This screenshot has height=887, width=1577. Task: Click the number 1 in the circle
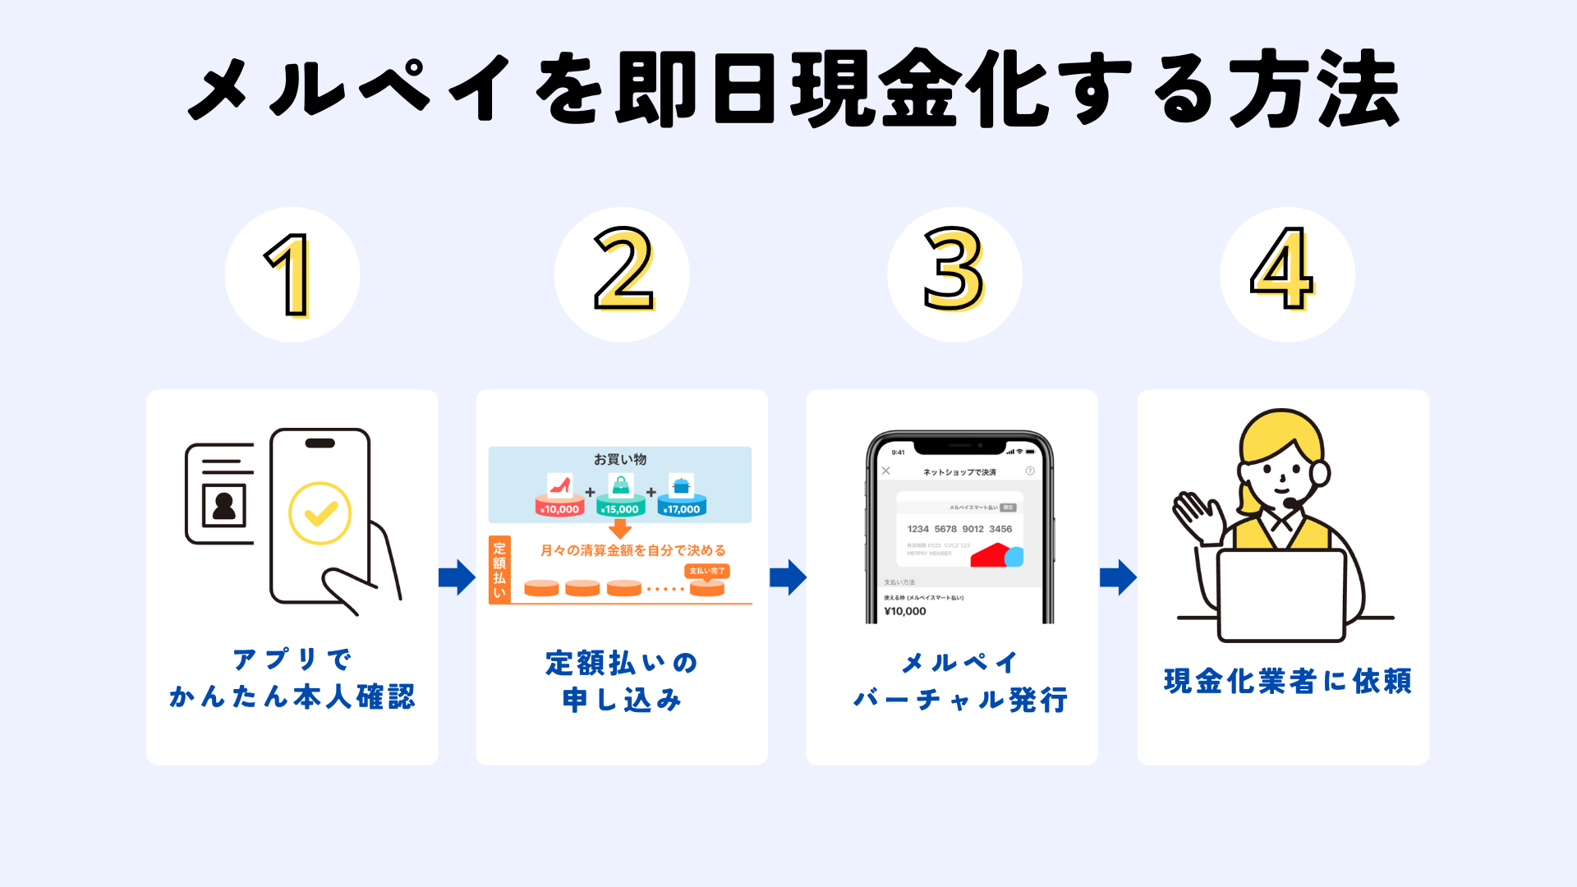click(x=289, y=275)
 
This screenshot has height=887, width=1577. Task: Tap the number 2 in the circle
click(x=623, y=271)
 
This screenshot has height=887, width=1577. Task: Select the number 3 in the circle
click(x=954, y=271)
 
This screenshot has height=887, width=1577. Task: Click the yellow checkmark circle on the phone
click(x=320, y=513)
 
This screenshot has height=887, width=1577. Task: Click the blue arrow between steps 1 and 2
click(x=457, y=577)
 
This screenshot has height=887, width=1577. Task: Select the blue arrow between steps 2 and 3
click(x=788, y=577)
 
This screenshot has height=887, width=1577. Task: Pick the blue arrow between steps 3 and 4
click(x=1118, y=577)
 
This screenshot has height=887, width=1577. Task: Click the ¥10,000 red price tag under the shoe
click(x=560, y=509)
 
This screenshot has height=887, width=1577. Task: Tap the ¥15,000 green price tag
click(x=621, y=509)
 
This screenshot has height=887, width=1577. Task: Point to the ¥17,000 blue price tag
click(x=682, y=509)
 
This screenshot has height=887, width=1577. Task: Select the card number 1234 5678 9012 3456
click(x=959, y=529)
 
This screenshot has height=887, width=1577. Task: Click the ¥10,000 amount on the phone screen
click(x=905, y=611)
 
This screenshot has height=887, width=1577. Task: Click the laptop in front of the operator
click(x=1281, y=595)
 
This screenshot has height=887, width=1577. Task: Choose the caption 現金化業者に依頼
click(x=1287, y=681)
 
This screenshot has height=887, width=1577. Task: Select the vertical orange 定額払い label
click(x=499, y=569)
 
